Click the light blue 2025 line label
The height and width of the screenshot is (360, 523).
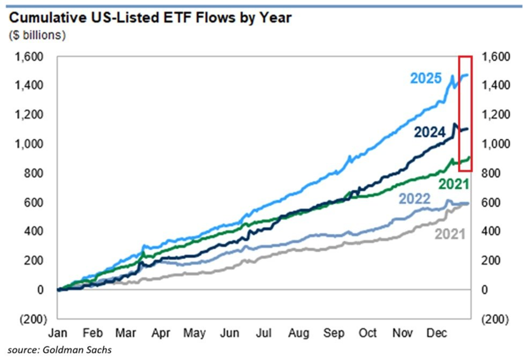click(426, 79)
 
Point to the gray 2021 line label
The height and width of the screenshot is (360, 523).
click(450, 235)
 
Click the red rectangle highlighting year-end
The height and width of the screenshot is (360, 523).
click(465, 113)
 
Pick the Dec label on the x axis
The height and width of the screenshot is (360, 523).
click(436, 333)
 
